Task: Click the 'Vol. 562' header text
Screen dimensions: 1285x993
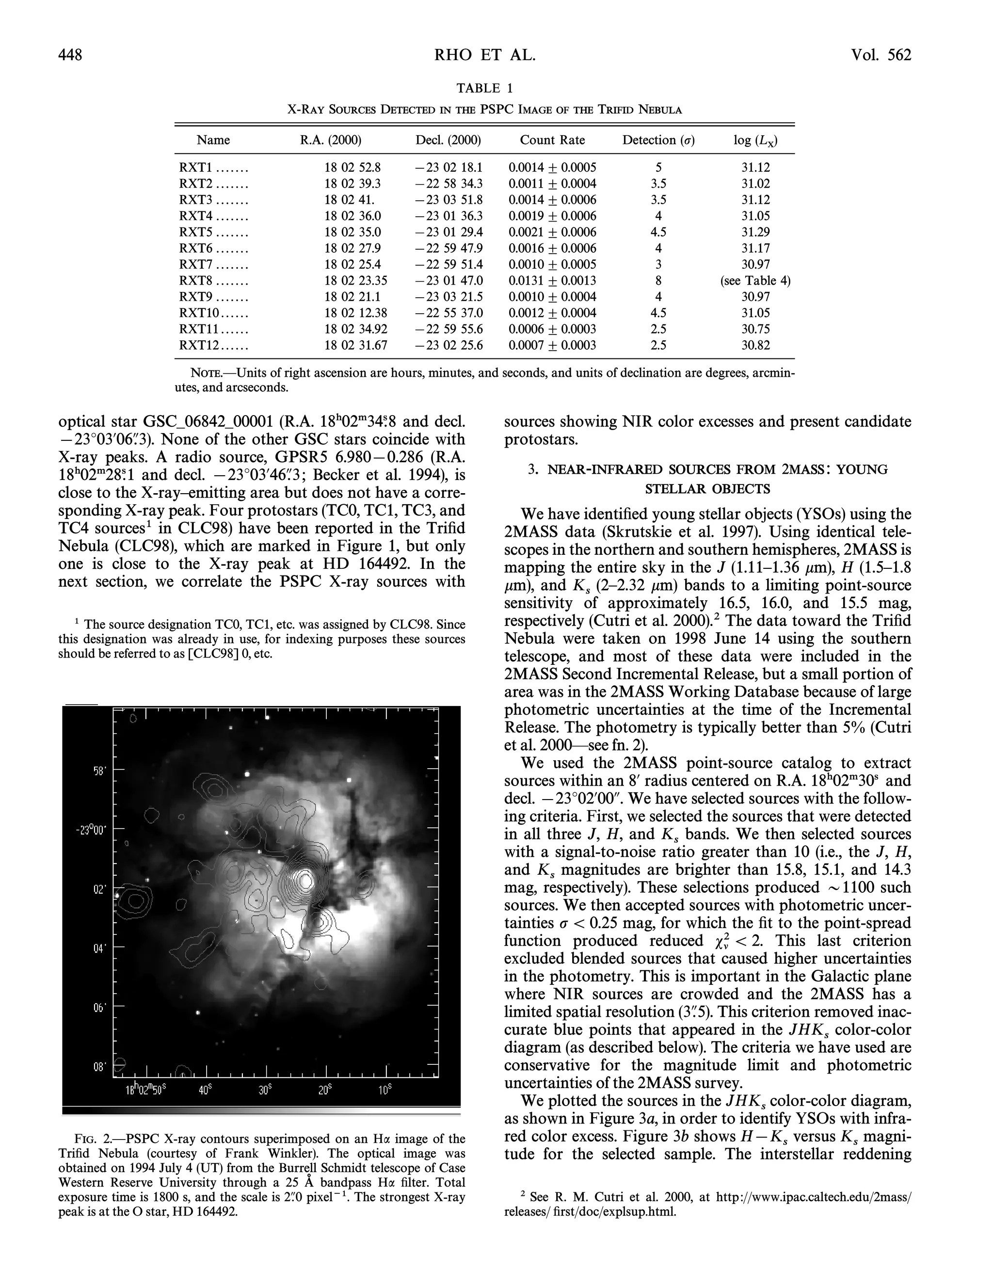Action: pyautogui.click(x=880, y=55)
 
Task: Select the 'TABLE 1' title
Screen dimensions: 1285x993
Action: pyautogui.click(x=485, y=88)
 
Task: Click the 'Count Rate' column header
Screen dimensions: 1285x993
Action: pyautogui.click(x=552, y=140)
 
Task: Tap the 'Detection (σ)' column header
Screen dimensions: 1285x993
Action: pyautogui.click(x=658, y=140)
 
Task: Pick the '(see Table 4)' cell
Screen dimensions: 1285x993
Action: pyautogui.click(x=755, y=281)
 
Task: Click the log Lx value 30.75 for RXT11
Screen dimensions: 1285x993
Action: pyautogui.click(x=755, y=329)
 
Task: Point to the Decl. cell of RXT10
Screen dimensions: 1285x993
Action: pyautogui.click(x=448, y=313)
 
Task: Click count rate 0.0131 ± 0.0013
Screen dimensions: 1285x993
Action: pyautogui.click(x=552, y=281)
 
